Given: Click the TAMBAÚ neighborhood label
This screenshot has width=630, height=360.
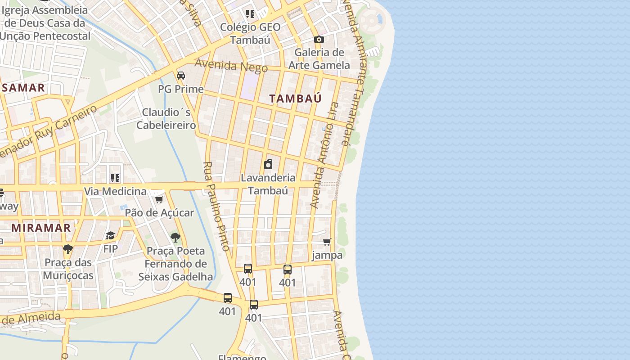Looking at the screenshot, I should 295,99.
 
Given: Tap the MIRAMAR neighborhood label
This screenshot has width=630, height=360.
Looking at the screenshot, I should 41,228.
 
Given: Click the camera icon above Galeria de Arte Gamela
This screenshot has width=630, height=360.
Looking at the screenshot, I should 319,40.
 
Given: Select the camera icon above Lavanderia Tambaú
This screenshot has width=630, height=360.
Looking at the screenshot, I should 268,164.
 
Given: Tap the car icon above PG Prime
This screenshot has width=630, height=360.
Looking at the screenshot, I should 181,76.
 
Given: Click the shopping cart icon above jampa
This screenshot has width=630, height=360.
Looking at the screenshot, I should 327,242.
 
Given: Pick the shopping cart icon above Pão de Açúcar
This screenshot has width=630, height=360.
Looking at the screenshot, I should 159,199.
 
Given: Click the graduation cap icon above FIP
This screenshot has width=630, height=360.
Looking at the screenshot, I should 110,235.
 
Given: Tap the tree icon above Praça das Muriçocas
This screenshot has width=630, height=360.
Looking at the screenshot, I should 68,249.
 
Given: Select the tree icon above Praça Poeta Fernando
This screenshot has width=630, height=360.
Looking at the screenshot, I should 175,237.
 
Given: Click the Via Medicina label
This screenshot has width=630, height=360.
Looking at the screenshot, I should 115,191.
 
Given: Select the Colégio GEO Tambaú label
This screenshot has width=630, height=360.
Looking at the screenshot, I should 250,33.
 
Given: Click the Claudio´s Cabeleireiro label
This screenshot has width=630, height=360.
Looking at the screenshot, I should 166,118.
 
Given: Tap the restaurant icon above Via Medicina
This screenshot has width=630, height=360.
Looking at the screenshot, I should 115,178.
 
